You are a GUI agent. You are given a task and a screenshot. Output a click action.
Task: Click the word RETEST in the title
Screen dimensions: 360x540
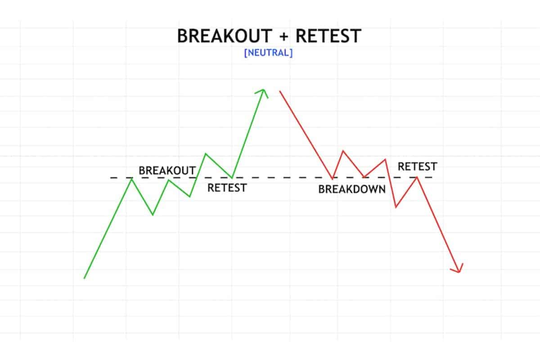click(x=328, y=36)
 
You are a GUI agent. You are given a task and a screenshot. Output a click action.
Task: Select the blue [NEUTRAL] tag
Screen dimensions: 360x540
click(x=268, y=53)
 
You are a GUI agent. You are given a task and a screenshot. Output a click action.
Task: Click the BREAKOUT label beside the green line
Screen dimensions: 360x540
click(x=167, y=171)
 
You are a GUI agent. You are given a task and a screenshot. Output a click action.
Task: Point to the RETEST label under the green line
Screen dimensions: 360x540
click(x=227, y=188)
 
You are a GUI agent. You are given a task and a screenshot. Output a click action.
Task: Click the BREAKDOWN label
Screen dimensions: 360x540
click(x=352, y=189)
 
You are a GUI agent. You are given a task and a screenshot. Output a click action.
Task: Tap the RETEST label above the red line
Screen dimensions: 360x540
click(x=417, y=166)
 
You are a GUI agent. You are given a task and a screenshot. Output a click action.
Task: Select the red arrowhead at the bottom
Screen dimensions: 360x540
click(x=458, y=269)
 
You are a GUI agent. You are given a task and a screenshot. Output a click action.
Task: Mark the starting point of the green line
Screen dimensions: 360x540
click(x=84, y=279)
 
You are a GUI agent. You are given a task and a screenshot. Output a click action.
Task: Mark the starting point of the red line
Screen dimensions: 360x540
click(x=280, y=91)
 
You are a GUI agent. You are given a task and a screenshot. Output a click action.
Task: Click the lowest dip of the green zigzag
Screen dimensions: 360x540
click(x=153, y=215)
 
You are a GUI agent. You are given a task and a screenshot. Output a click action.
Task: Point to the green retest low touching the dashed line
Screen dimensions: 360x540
click(x=232, y=178)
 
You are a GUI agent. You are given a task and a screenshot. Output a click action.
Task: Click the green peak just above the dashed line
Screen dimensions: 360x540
click(x=206, y=154)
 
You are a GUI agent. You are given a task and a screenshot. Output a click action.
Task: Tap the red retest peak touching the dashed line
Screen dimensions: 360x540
click(x=418, y=177)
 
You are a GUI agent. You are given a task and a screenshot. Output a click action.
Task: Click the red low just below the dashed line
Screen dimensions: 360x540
click(x=396, y=207)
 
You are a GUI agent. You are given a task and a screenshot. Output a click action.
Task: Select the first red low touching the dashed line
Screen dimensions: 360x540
click(x=333, y=178)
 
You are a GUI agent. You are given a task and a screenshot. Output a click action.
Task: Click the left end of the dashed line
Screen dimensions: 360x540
click(x=112, y=178)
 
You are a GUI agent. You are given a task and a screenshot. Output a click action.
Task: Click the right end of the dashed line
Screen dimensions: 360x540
click(x=433, y=177)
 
